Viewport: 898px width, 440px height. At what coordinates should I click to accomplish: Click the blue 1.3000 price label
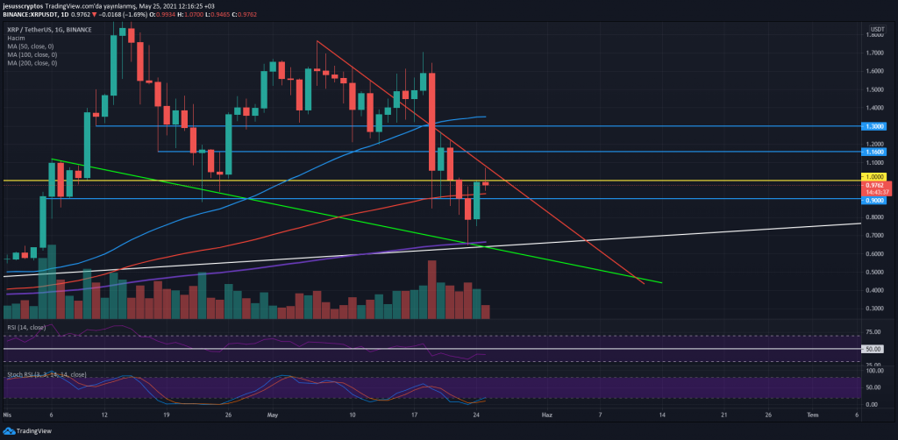(874, 126)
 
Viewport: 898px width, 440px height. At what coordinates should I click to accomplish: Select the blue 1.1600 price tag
(874, 153)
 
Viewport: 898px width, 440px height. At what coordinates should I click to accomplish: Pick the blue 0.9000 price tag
(874, 201)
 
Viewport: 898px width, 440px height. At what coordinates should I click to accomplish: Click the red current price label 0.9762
(874, 185)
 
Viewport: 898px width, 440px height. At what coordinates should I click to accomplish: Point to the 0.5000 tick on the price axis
(873, 272)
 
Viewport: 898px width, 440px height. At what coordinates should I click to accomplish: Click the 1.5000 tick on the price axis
(873, 89)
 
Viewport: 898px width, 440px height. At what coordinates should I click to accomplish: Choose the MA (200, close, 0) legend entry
(32, 63)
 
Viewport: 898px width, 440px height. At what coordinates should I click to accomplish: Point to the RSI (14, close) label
(25, 327)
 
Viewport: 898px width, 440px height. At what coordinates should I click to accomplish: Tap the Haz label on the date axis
(547, 414)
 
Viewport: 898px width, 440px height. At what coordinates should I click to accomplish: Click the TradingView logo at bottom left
(32, 431)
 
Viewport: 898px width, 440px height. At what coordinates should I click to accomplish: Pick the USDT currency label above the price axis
(874, 30)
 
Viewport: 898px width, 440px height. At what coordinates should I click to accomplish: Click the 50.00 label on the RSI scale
(873, 349)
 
